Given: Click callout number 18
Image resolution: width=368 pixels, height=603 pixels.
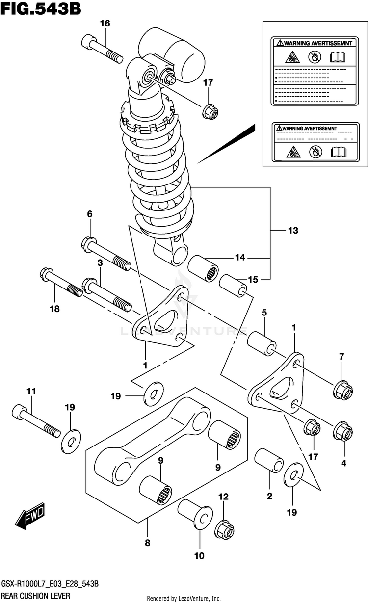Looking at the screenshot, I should coord(54,309).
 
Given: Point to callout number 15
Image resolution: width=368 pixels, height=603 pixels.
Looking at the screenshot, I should coord(253,280).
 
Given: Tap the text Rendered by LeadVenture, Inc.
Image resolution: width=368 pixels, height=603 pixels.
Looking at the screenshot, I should coord(184,599).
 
